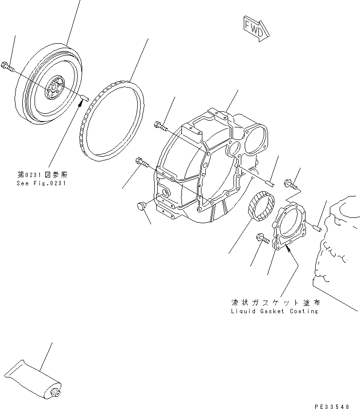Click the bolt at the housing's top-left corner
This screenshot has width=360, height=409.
coord(161,126)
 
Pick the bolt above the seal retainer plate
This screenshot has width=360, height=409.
coord(290,183)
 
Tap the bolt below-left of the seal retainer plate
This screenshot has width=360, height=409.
coord(260,239)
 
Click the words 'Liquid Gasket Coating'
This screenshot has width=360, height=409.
coord(274,311)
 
